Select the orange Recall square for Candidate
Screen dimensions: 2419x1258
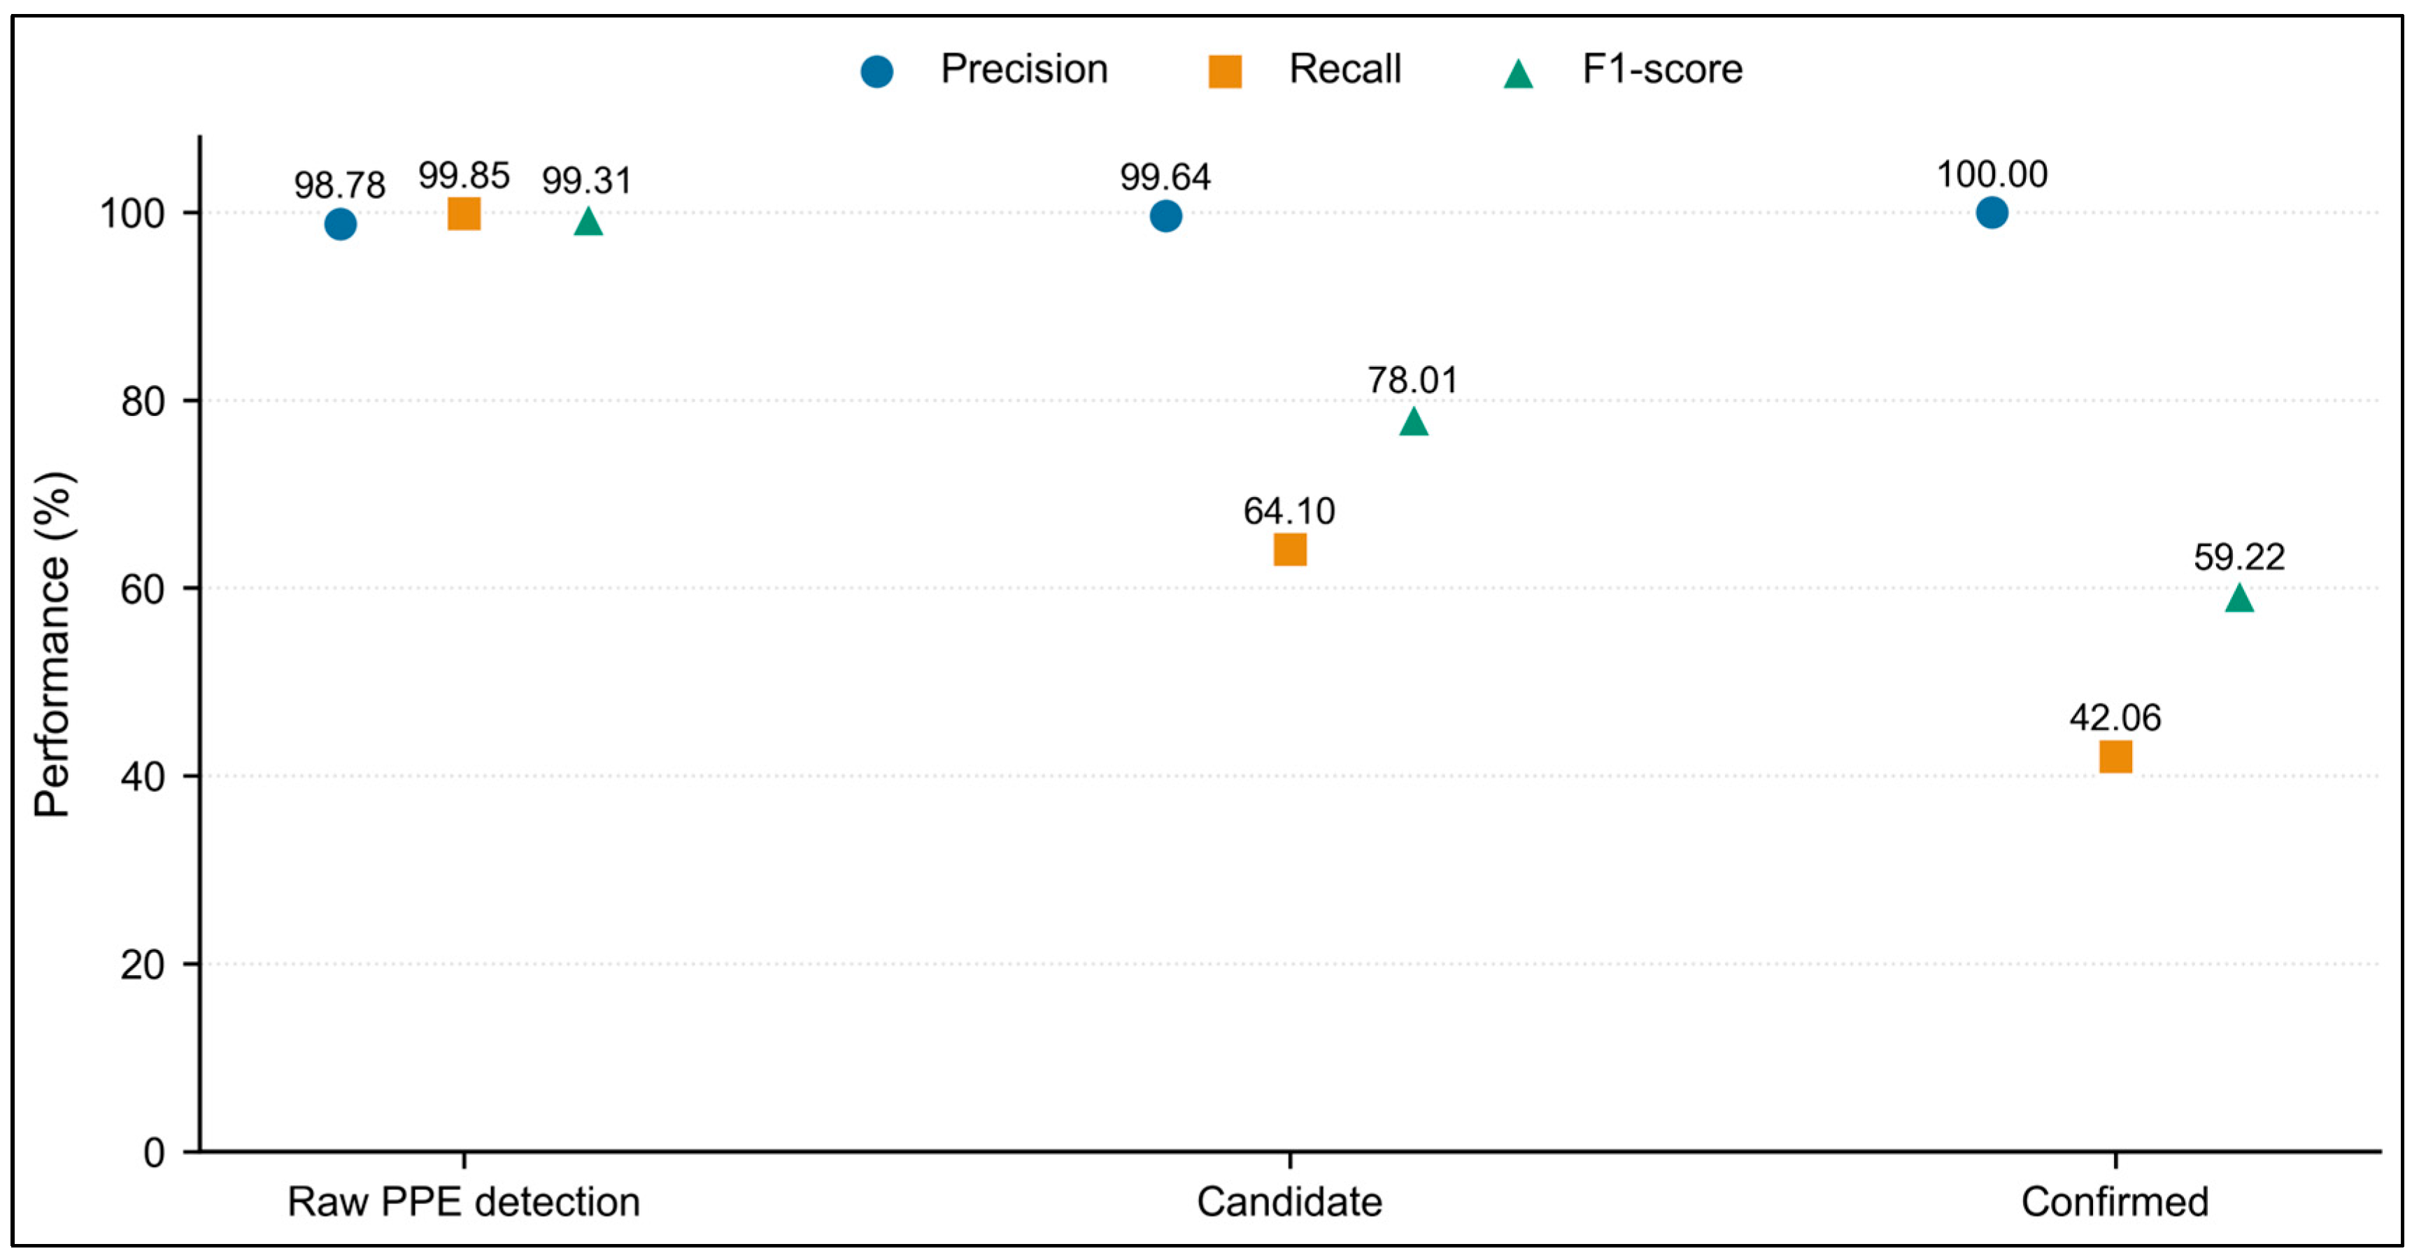tap(1289, 550)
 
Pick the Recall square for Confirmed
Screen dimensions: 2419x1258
tap(2115, 756)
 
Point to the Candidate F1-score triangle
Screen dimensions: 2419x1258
tap(1413, 422)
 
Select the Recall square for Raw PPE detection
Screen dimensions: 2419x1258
tap(464, 214)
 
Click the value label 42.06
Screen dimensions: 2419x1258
tap(2115, 718)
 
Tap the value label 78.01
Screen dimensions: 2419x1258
tap(1412, 381)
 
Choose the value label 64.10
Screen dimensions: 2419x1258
tap(1289, 511)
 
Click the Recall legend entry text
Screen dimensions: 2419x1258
tap(1345, 69)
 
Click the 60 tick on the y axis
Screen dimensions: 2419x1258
tap(143, 589)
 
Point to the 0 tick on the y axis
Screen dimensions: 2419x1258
tap(154, 1153)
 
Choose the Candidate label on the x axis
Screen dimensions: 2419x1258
tap(1289, 1201)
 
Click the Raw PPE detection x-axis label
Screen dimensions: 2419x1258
tap(464, 1201)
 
